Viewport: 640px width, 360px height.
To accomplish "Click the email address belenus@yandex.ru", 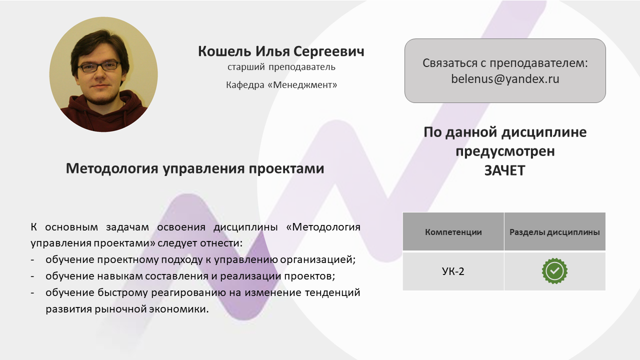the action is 505,79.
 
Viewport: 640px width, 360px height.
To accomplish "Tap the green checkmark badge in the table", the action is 554,271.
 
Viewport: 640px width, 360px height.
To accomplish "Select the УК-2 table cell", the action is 453,271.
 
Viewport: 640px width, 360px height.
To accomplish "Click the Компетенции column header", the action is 453,231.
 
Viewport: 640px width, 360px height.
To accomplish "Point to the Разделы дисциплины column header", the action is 554,231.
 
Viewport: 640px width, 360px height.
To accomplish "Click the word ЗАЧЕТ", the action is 505,170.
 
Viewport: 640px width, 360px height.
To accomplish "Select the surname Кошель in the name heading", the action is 224,51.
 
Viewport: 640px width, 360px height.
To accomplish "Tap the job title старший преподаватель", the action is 281,67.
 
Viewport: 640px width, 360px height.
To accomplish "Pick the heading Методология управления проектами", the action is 195,168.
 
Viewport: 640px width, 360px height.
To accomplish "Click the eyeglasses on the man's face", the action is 98,67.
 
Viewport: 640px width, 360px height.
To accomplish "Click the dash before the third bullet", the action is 32,293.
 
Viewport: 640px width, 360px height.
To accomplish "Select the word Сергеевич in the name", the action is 328,51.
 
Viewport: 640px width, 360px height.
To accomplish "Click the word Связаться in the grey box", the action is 449,63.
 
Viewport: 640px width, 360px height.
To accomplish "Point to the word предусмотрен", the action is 505,151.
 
